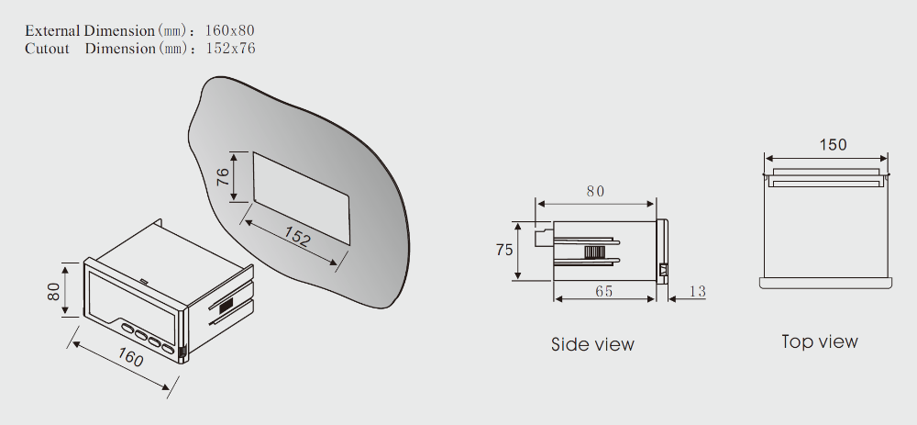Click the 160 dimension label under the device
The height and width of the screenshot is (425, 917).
[x=130, y=357]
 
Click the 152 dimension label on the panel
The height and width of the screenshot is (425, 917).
[x=297, y=236]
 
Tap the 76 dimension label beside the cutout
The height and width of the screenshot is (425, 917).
[x=224, y=177]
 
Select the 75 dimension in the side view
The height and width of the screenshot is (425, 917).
[x=504, y=250]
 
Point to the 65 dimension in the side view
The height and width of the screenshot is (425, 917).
[x=603, y=291]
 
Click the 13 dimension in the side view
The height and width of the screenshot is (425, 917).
[x=697, y=291]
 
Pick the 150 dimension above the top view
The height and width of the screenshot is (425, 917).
[x=833, y=145]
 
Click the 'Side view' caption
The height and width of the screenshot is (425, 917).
[x=592, y=344]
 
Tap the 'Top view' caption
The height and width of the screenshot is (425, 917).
[x=820, y=341]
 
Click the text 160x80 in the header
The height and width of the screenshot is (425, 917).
[x=230, y=30]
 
